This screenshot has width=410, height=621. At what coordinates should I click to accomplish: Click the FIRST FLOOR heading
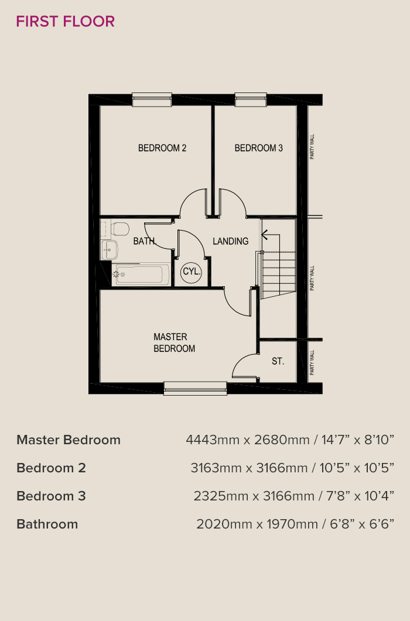[66, 22]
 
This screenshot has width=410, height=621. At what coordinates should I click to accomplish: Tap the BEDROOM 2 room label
[162, 148]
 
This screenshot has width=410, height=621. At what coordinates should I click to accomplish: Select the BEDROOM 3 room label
[258, 148]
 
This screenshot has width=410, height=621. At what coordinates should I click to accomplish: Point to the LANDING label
[230, 241]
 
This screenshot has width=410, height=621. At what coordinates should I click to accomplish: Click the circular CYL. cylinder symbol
[192, 272]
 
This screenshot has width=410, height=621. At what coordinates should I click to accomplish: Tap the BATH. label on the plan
[145, 241]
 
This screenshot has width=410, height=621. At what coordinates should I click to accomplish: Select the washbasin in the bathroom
[110, 250]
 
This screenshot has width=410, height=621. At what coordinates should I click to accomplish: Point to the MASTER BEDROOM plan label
[174, 342]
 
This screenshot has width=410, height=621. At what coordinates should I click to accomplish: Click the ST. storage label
[278, 361]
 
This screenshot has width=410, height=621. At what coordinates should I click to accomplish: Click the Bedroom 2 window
[152, 100]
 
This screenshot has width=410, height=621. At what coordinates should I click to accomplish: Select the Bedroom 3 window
[251, 100]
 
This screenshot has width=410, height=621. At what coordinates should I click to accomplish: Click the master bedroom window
[196, 388]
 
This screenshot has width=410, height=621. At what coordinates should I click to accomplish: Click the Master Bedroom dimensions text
[290, 440]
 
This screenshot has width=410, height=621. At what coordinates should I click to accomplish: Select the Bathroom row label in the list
[47, 524]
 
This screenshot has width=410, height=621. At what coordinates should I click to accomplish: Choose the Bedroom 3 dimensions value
[294, 496]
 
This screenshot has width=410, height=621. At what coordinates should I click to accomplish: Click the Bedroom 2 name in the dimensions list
[51, 468]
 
